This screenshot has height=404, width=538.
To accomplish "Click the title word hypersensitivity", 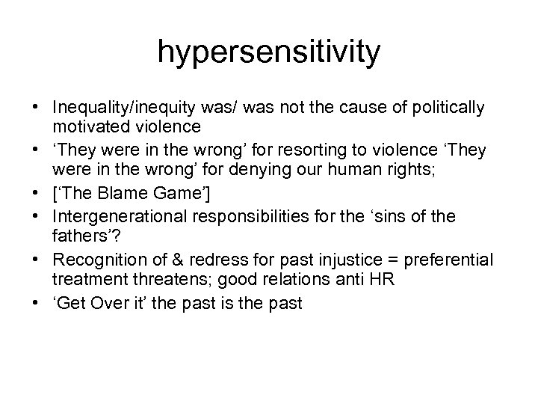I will [x=269, y=52].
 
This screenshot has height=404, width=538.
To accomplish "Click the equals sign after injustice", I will [x=387, y=260].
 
